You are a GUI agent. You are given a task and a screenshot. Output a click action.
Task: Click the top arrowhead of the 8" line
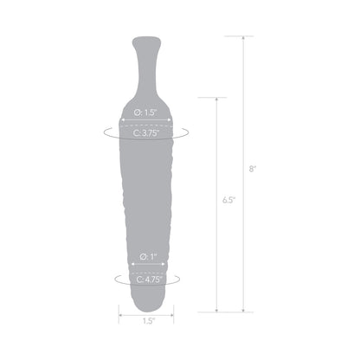click(242, 39)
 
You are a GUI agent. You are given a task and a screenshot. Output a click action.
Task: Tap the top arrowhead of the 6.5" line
click(215, 100)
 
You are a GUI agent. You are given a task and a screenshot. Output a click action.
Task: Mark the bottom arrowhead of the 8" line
click(242, 308)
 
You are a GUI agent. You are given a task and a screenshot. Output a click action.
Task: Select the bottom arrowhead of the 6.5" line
click(215, 308)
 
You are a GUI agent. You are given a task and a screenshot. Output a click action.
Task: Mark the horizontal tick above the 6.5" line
click(215, 97)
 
